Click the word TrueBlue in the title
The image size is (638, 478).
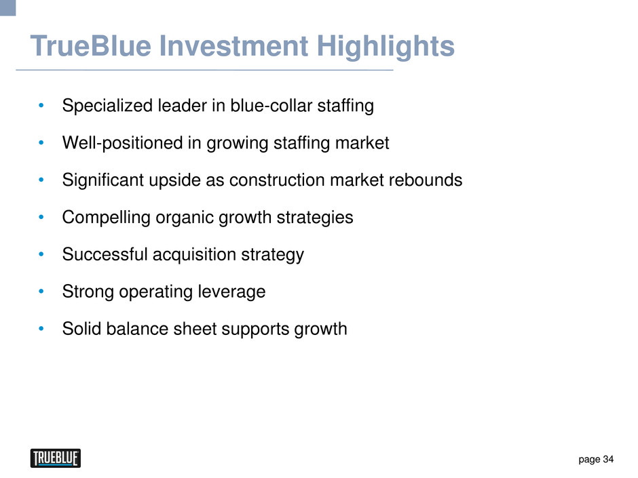[x=91, y=45]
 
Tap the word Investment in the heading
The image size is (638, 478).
[x=233, y=45]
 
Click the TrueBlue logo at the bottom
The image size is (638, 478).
[x=56, y=458]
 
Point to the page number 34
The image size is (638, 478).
[x=608, y=459]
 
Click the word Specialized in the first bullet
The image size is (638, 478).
[x=107, y=106]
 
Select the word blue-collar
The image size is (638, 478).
[x=271, y=106]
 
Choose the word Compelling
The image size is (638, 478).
[x=106, y=218]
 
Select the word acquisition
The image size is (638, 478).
[x=194, y=255]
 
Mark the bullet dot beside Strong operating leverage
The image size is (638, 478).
[x=41, y=292]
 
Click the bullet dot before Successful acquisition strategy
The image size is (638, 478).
[x=41, y=254]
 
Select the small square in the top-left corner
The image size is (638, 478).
[x=7, y=7]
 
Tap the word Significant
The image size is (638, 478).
[x=103, y=181]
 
